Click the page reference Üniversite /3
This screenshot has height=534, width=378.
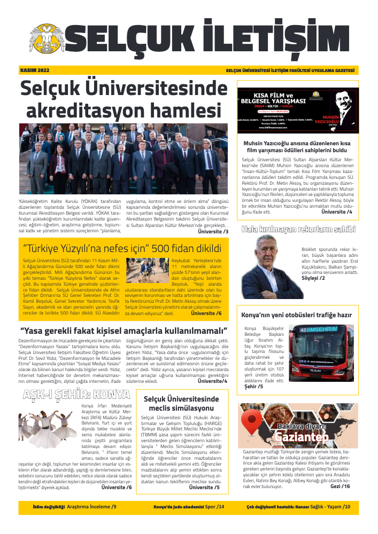213,231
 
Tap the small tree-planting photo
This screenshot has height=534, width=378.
140,271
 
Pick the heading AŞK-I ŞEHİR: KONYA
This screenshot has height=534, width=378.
76,395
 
